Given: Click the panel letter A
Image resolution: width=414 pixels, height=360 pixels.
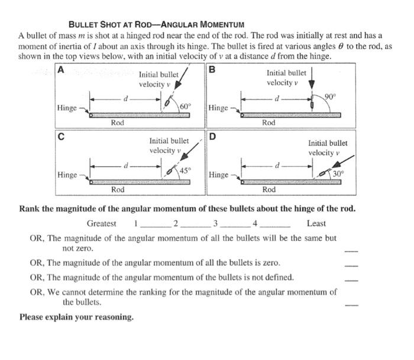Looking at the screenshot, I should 60,69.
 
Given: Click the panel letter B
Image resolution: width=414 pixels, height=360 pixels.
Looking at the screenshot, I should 212,69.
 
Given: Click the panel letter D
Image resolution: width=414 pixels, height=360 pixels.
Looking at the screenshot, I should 212,137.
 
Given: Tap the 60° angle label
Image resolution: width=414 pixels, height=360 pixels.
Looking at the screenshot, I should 185,105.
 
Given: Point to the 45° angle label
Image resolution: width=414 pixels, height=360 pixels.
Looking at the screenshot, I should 185,171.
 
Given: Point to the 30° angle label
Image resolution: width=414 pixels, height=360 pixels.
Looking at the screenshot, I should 338,173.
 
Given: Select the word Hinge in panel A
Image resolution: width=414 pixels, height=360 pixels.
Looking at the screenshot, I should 67,108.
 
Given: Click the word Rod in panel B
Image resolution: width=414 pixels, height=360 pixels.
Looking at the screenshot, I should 269,123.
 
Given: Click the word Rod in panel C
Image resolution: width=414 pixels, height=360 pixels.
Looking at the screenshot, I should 118,189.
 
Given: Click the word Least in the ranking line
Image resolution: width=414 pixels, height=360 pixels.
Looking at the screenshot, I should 316,223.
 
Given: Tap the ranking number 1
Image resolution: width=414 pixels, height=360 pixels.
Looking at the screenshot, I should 135,223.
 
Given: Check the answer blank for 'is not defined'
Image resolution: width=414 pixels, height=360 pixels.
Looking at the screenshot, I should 351,279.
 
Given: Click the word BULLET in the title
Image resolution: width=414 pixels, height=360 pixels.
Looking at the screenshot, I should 86,25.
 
